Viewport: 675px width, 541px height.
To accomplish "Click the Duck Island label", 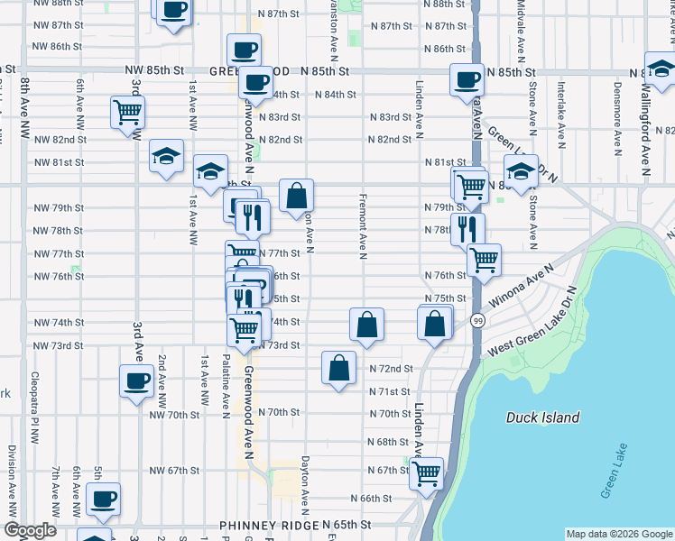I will (x=542, y=417).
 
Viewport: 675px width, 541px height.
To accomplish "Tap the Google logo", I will (x=30, y=531).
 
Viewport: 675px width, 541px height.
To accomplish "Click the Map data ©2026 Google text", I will (x=619, y=534).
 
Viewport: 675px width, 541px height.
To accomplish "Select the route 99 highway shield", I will (x=477, y=322).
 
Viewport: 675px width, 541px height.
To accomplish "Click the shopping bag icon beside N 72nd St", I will (x=338, y=368).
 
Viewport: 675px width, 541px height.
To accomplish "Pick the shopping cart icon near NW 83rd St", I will (x=127, y=113).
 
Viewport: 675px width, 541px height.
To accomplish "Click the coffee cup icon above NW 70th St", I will (x=136, y=380).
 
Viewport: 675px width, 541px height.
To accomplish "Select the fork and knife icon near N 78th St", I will (x=467, y=228).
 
